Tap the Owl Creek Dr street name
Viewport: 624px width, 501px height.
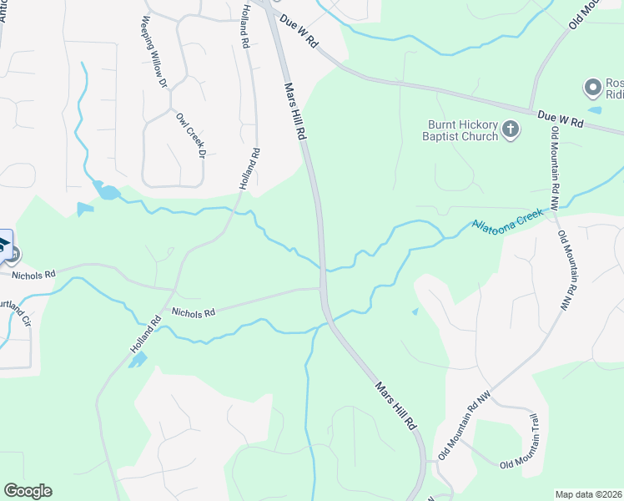[190, 134]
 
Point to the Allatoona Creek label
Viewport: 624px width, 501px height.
[507, 220]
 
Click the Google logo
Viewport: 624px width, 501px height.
[28, 491]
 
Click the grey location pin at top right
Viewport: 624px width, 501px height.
[593, 88]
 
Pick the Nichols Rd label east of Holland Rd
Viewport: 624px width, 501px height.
[194, 312]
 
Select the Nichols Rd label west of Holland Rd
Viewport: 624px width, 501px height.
[33, 273]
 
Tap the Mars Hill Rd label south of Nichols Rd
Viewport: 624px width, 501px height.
[395, 407]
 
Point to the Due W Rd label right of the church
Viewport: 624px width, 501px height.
[559, 119]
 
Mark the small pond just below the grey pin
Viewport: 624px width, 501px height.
[594, 110]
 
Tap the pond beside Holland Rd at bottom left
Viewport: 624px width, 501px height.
[138, 360]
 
